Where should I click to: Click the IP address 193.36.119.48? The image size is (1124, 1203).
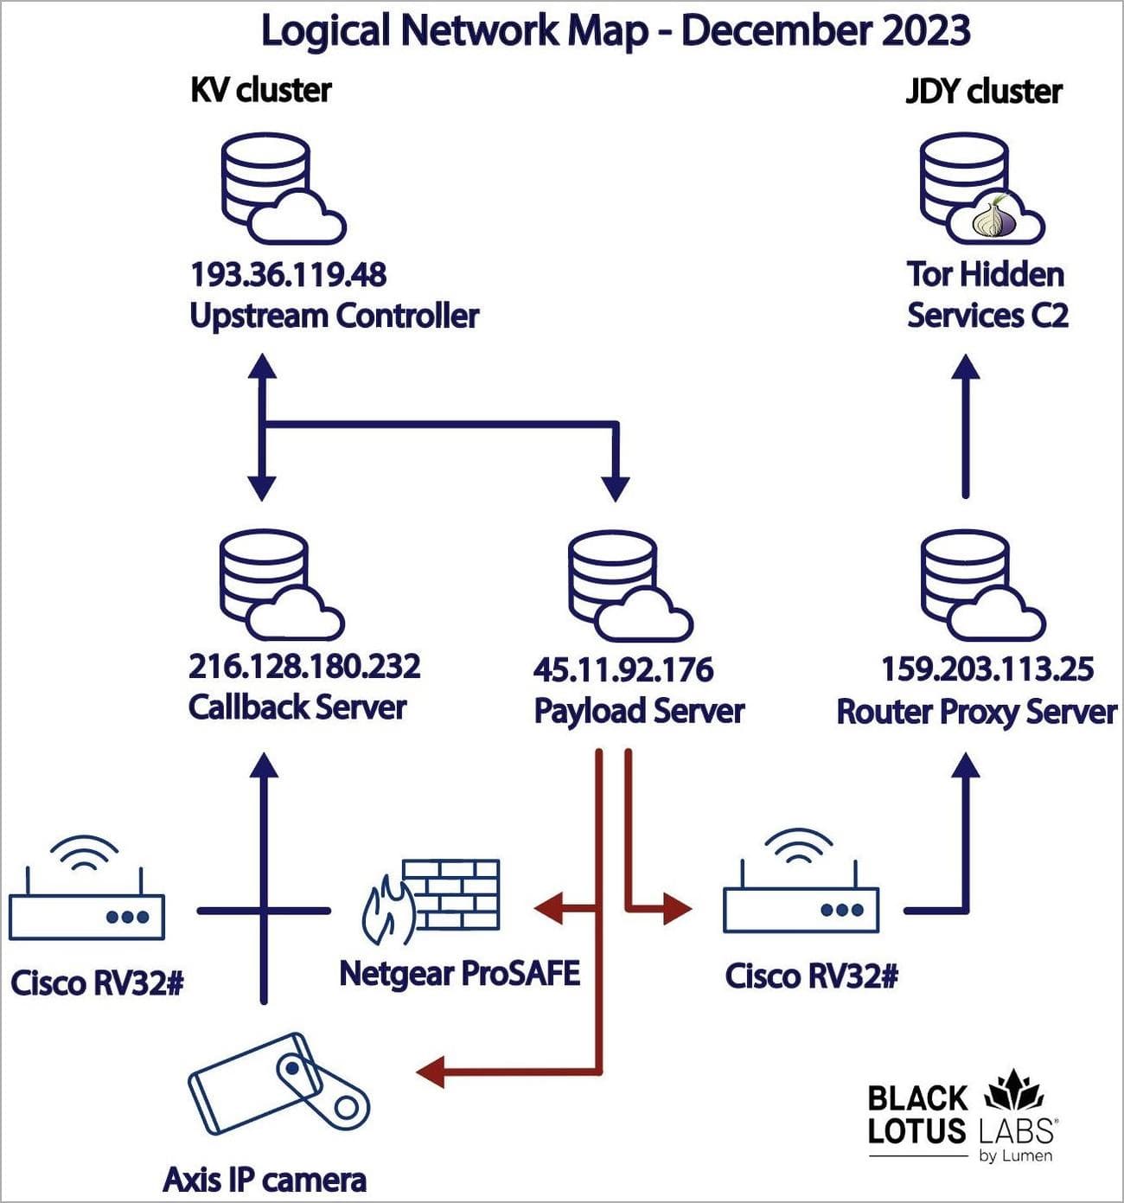(288, 275)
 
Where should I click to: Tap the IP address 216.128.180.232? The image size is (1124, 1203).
(304, 667)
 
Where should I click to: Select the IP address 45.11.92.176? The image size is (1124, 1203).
(623, 669)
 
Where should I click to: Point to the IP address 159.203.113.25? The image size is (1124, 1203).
(987, 669)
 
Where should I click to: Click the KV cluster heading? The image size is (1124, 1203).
(260, 90)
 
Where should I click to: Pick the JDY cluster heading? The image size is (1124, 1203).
(983, 91)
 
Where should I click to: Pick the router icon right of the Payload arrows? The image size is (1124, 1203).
(801, 895)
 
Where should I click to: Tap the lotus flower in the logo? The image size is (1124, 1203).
(1014, 1090)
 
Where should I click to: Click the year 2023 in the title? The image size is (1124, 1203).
(925, 30)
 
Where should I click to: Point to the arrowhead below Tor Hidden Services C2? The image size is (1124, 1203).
(966, 367)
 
